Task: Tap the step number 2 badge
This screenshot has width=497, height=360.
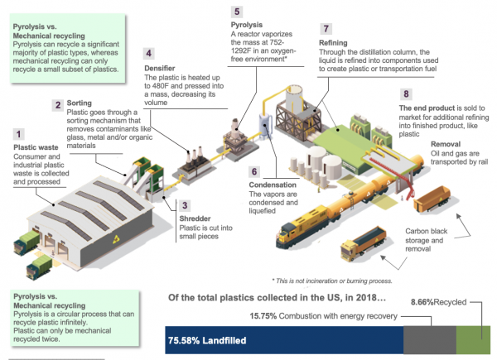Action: tap(58, 104)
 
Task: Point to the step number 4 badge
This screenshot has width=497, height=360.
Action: tap(148, 54)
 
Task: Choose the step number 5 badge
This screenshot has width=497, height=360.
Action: tap(237, 12)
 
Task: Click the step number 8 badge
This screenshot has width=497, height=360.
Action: tap(406, 95)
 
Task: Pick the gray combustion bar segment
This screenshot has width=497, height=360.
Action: tap(429, 340)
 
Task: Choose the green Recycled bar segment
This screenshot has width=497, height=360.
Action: tap(473, 340)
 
